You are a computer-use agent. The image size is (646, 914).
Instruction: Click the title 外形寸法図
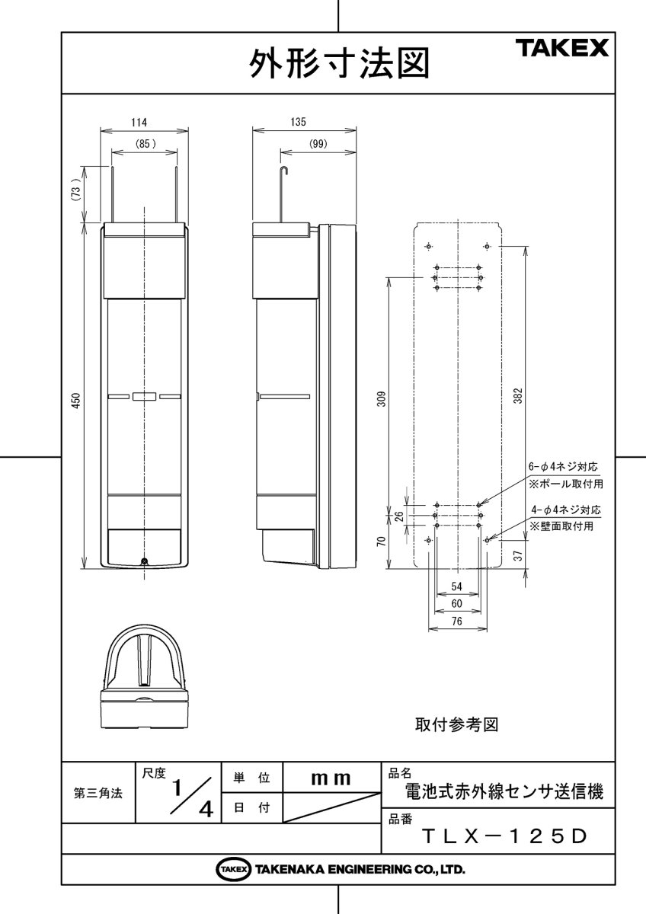tap(337, 65)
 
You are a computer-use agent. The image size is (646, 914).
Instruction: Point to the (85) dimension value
tap(145, 143)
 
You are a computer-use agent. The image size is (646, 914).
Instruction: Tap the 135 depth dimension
tap(298, 122)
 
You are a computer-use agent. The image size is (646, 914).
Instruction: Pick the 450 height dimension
tap(75, 402)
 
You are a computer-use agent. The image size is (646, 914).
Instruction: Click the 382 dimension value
tap(518, 396)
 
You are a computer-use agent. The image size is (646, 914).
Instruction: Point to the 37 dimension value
tap(518, 555)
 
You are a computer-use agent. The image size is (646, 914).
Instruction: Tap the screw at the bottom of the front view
tap(144, 562)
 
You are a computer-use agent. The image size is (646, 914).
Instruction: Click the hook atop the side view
tap(284, 171)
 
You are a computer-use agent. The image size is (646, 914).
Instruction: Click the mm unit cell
tap(331, 778)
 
